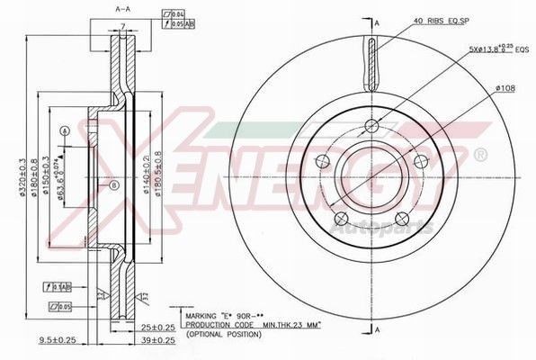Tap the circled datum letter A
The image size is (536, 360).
pos(64,131)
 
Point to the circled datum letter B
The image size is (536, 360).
pos(113,186)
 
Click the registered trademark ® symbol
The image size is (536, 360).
pos(481,156)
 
